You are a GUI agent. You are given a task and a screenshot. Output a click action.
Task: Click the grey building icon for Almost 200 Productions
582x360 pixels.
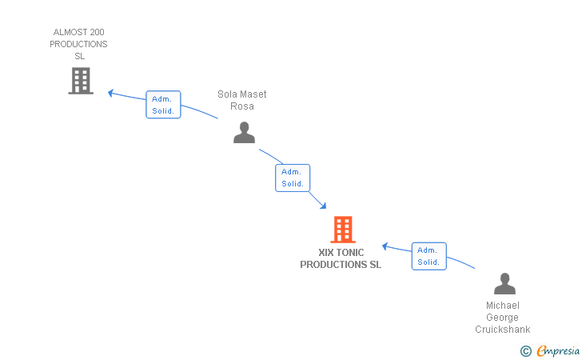pyautogui.click(x=81, y=81)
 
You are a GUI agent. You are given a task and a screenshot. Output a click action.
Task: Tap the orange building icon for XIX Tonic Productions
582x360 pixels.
pyautogui.click(x=343, y=230)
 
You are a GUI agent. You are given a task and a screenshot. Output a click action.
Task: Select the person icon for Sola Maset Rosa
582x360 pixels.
pyautogui.click(x=244, y=132)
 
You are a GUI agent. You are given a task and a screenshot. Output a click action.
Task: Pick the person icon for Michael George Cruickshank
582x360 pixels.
pyautogui.click(x=504, y=283)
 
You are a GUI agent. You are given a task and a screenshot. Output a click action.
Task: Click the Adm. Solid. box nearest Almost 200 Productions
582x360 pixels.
pyautogui.click(x=163, y=104)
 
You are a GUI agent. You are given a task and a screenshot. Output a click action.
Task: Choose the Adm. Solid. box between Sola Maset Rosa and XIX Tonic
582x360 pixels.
pyautogui.click(x=293, y=178)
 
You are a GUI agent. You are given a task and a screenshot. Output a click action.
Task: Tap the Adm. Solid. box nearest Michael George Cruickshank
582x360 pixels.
pyautogui.click(x=429, y=256)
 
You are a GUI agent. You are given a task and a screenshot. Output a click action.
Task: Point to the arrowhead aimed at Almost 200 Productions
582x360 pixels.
pyautogui.click(x=110, y=93)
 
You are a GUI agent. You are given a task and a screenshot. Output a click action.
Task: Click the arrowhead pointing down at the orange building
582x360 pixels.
pyautogui.click(x=323, y=206)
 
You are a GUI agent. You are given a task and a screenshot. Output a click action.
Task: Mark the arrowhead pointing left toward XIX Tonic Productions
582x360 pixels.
pyautogui.click(x=385, y=246)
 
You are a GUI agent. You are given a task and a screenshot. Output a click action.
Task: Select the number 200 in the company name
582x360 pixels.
pyautogui.click(x=96, y=32)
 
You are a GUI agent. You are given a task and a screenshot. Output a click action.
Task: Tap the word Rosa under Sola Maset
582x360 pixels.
pyautogui.click(x=242, y=106)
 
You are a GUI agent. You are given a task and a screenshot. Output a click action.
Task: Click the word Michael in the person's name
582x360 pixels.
pyautogui.click(x=503, y=306)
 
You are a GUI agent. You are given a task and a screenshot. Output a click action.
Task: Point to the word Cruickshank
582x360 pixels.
pyautogui.click(x=503, y=330)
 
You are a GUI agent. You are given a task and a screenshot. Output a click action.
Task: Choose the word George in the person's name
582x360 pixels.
pyautogui.click(x=502, y=318)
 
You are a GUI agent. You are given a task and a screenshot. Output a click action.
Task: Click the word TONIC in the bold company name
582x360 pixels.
pyautogui.click(x=351, y=253)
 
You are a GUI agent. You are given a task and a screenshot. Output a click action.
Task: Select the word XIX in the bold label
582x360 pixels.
pyautogui.click(x=326, y=253)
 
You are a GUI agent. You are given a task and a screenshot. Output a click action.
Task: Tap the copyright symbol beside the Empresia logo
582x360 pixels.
pyautogui.click(x=525, y=351)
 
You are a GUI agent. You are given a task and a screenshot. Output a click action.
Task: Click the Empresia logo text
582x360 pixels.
pyautogui.click(x=558, y=350)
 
